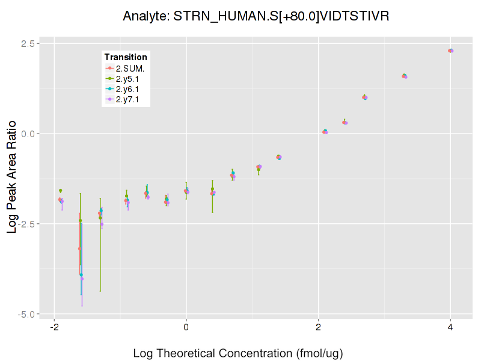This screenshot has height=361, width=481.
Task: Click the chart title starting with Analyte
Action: coord(256,16)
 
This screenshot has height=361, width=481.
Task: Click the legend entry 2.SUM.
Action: coord(130,68)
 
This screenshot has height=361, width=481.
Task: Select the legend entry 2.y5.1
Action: coord(130,79)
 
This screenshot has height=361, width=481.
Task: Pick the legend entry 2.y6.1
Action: coord(130,89)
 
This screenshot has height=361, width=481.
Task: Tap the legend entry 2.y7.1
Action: coord(130,100)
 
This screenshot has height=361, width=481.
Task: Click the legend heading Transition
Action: coord(126,57)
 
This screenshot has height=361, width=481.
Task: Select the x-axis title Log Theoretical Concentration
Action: coord(237,353)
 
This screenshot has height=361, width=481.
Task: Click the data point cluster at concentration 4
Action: coord(450,51)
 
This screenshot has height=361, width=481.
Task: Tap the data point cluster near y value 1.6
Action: coord(405,76)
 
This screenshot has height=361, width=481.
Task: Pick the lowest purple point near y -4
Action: coord(82,279)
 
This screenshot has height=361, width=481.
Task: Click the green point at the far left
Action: coord(60,191)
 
